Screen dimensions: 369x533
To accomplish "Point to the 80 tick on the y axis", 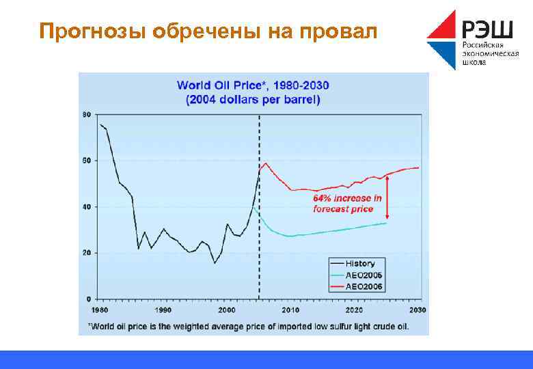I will pos(86,114).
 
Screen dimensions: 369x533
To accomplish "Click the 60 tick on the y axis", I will pos(86,161).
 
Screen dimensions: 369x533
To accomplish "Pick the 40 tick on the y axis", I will pos(86,207).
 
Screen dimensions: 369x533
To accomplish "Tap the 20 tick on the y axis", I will pos(86,253).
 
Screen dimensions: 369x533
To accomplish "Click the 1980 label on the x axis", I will pos(100,310).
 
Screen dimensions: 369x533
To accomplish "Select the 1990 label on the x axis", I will pos(163,310).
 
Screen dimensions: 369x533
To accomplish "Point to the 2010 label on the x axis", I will pos(291,310).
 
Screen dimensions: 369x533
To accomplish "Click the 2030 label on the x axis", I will pos(418,310).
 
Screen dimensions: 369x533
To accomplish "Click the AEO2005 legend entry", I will pos(361,275).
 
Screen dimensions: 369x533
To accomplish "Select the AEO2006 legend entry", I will pos(361,286).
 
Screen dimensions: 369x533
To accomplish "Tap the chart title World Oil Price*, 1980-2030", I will pos(253,85).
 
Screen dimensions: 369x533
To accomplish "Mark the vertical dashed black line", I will pos(259,205).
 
